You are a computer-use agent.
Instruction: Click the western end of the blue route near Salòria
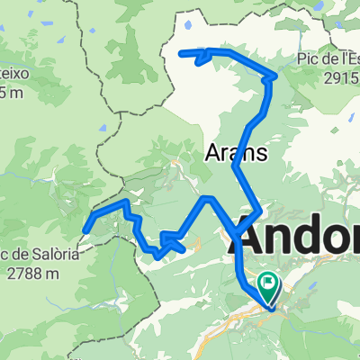(x=85, y=230)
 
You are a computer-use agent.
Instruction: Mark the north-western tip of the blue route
(x=183, y=54)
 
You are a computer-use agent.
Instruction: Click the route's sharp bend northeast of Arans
(x=269, y=79)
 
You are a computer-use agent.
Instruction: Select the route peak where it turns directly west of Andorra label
(x=207, y=197)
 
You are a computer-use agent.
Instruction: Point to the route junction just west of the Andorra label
(x=237, y=235)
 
